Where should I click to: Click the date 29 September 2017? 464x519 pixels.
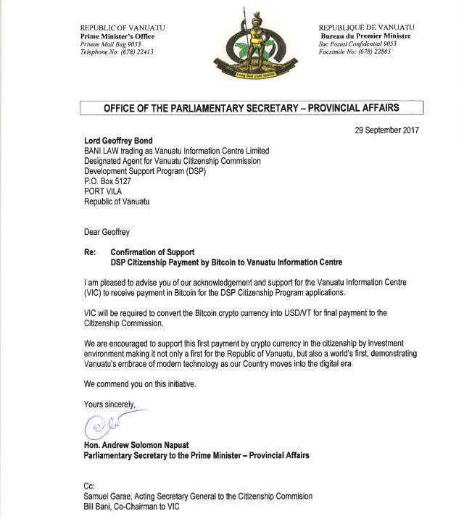tap(386, 130)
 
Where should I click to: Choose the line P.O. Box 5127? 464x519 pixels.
tap(109, 181)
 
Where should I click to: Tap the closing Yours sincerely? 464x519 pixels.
tap(109, 404)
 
